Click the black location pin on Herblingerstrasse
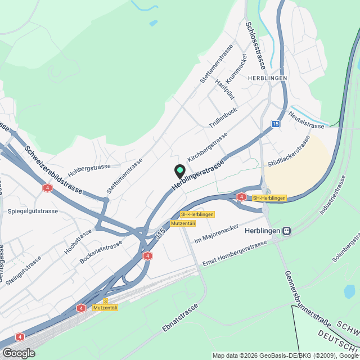coord(180,170)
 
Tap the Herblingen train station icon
coord(287,231)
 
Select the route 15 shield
coord(274,124)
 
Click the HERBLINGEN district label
coord(266,78)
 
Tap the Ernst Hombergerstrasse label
coord(235,254)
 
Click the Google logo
coord(18,353)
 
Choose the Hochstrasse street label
coord(78,241)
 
